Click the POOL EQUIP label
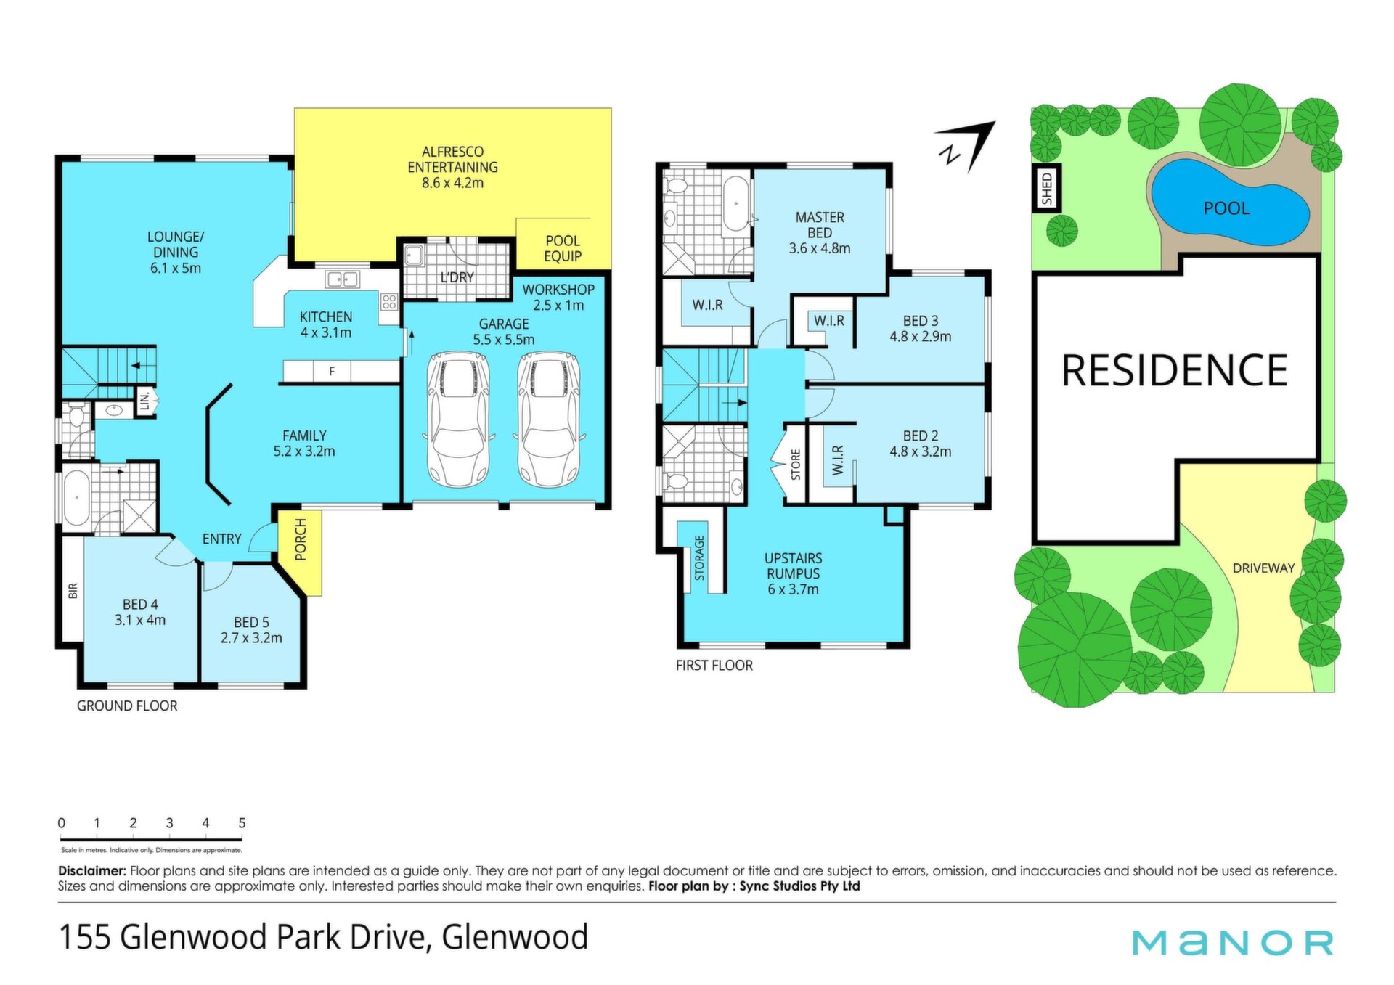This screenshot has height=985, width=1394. pos(563,248)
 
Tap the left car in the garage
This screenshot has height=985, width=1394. pos(458,420)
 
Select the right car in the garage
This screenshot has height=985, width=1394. pos(549,420)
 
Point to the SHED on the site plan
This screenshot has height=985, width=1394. pos(1046,189)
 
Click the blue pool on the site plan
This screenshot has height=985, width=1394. pos(1231,202)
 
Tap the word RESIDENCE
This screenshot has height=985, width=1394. pos(1174,370)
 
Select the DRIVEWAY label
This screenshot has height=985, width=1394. pos(1263,568)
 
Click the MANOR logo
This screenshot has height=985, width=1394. pos(1233,942)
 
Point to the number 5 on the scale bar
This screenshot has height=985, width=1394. pos(242,823)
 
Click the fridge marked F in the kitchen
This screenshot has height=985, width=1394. pos(332,372)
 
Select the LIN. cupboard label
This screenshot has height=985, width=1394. pos(145,401)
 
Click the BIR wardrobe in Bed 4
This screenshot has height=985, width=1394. pos(73,589)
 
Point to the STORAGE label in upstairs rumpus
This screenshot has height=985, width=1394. pos(699,557)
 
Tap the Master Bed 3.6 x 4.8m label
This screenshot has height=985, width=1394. pos(820,232)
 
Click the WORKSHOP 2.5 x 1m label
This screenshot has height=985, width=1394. pos(558,297)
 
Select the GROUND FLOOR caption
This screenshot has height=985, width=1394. pos(127,706)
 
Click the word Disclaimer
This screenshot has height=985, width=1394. pos(92,870)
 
